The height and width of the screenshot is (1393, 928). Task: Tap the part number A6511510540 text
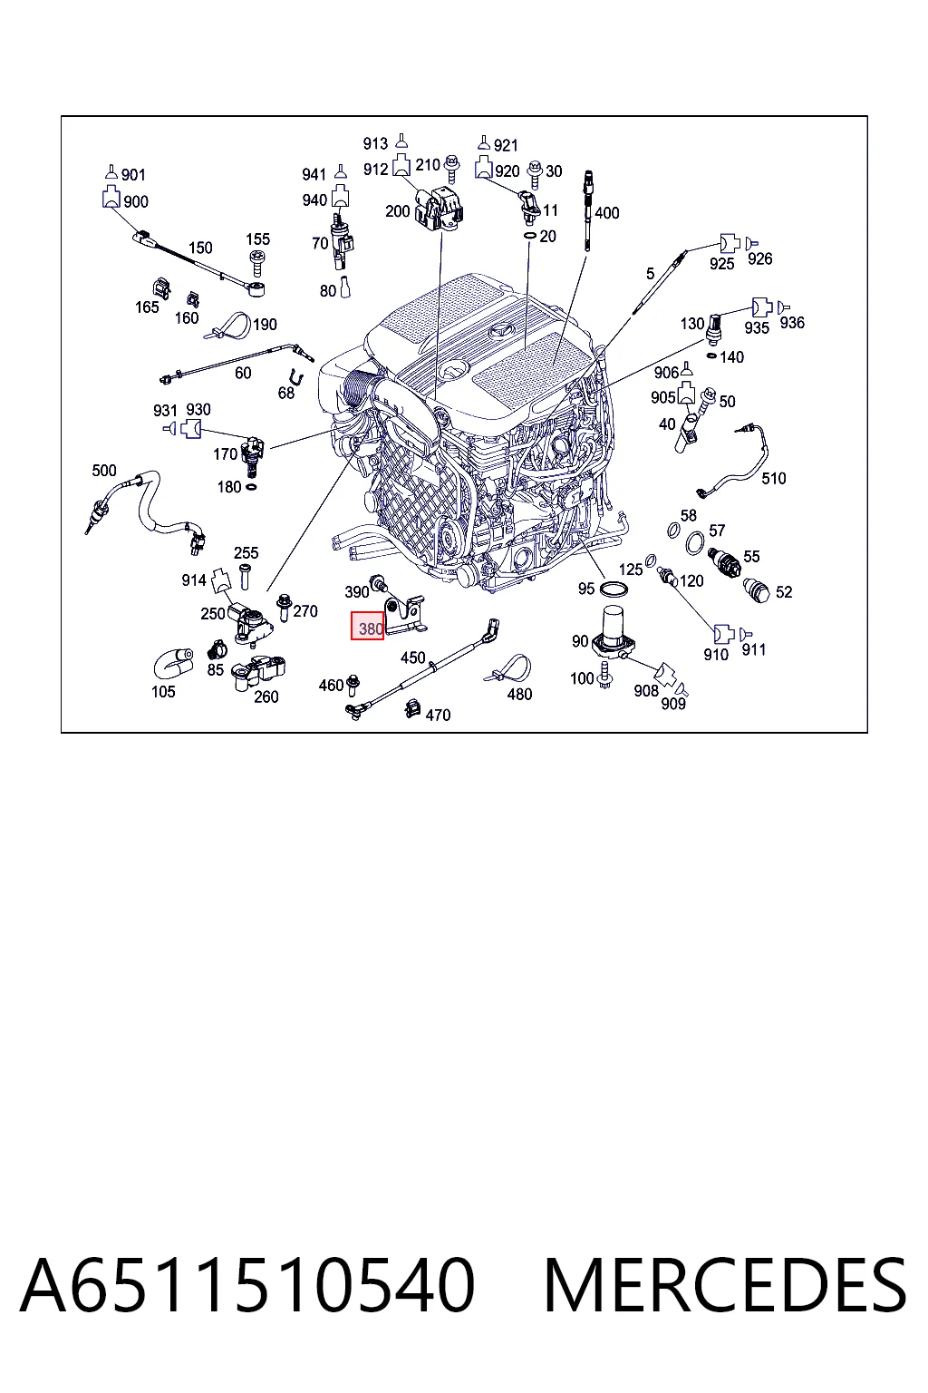[247, 1285]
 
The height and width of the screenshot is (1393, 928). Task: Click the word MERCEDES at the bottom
[725, 1285]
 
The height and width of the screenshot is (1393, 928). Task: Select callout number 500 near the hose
[104, 470]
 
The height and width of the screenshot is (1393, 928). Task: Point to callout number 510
[774, 478]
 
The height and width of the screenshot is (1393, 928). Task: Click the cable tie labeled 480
[511, 668]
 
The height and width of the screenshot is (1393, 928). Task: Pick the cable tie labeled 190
[228, 326]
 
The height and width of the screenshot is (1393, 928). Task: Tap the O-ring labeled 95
[614, 588]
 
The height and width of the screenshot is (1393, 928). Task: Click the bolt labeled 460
[353, 684]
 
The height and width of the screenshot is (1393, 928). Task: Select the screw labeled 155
[256, 262]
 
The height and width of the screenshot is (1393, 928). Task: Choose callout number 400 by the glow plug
[606, 213]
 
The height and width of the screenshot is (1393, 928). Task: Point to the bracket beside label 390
[405, 615]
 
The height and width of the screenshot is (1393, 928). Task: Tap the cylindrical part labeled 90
[613, 631]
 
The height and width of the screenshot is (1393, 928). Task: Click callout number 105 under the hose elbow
[163, 692]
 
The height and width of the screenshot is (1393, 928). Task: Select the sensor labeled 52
[758, 590]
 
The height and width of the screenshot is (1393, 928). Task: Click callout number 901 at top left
[133, 175]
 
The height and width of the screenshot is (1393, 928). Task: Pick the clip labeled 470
[412, 707]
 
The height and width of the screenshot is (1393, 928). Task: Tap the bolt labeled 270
[285, 607]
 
